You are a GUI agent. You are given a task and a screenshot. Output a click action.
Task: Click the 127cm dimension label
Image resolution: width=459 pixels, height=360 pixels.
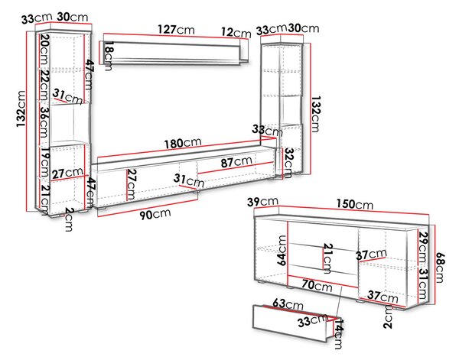(x=176, y=30)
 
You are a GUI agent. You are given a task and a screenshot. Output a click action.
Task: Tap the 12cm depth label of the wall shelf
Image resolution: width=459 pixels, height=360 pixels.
(x=236, y=32)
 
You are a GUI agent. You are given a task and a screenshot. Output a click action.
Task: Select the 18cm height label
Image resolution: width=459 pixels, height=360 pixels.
(x=109, y=56)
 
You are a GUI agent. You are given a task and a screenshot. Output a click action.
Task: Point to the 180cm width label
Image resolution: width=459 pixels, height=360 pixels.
(x=183, y=143)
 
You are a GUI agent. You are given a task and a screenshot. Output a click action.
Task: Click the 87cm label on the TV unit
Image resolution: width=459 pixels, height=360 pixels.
(x=236, y=161)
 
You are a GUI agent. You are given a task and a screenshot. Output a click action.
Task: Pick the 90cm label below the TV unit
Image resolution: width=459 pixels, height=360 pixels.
(x=155, y=214)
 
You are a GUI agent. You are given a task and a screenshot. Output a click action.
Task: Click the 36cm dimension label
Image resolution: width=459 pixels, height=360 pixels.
(x=44, y=122)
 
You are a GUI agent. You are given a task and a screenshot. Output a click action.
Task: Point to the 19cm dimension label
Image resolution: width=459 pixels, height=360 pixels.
(x=44, y=162)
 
